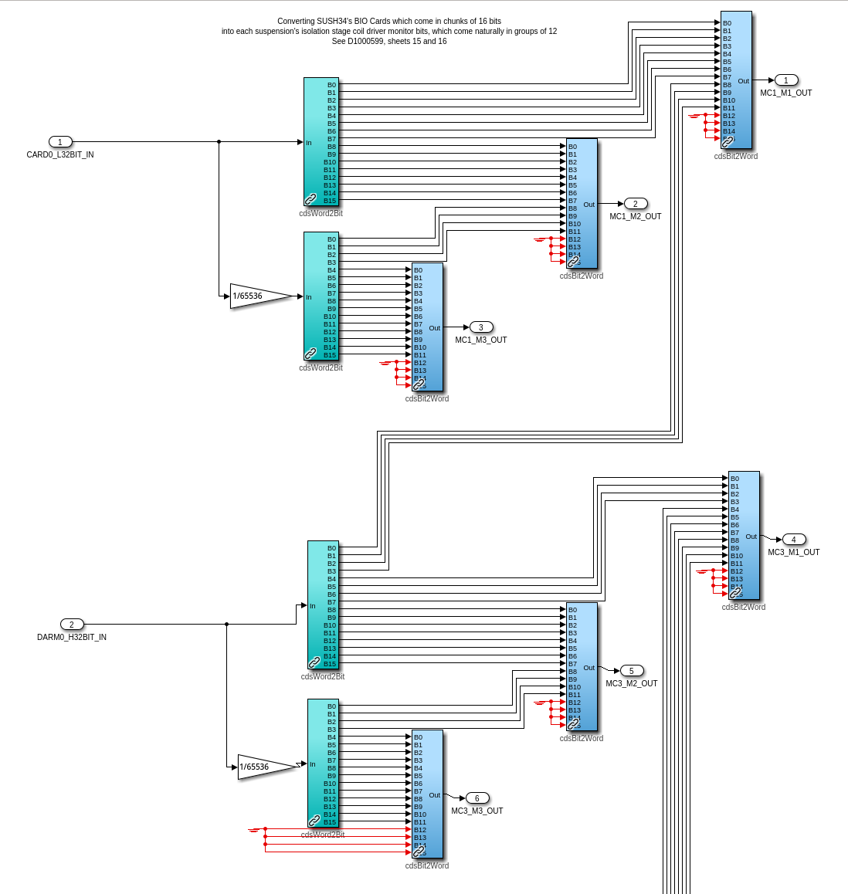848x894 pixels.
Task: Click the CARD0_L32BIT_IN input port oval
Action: click(x=60, y=142)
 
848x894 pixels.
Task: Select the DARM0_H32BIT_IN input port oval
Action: click(x=72, y=625)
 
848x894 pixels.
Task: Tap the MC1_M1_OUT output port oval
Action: click(x=786, y=80)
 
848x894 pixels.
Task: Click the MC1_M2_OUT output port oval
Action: click(x=636, y=204)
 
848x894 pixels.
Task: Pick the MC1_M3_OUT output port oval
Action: click(x=481, y=327)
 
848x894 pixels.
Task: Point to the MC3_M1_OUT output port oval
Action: click(x=794, y=540)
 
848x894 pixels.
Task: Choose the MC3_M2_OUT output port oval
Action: click(x=632, y=671)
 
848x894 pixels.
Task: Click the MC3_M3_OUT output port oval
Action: click(x=477, y=798)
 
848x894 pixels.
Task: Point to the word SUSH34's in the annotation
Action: click(x=333, y=22)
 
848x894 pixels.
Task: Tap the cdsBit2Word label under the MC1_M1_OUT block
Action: click(x=735, y=156)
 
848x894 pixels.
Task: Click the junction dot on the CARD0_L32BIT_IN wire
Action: click(x=219, y=142)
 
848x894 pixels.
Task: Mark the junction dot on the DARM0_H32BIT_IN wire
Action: click(x=226, y=625)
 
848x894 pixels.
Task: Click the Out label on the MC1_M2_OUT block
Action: click(x=589, y=205)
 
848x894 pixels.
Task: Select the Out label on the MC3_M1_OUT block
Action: click(x=751, y=537)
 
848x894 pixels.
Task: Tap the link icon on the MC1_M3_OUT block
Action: click(x=419, y=384)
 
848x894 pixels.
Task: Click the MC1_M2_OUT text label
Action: click(x=636, y=217)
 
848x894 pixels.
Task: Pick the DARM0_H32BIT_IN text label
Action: click(x=72, y=638)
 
